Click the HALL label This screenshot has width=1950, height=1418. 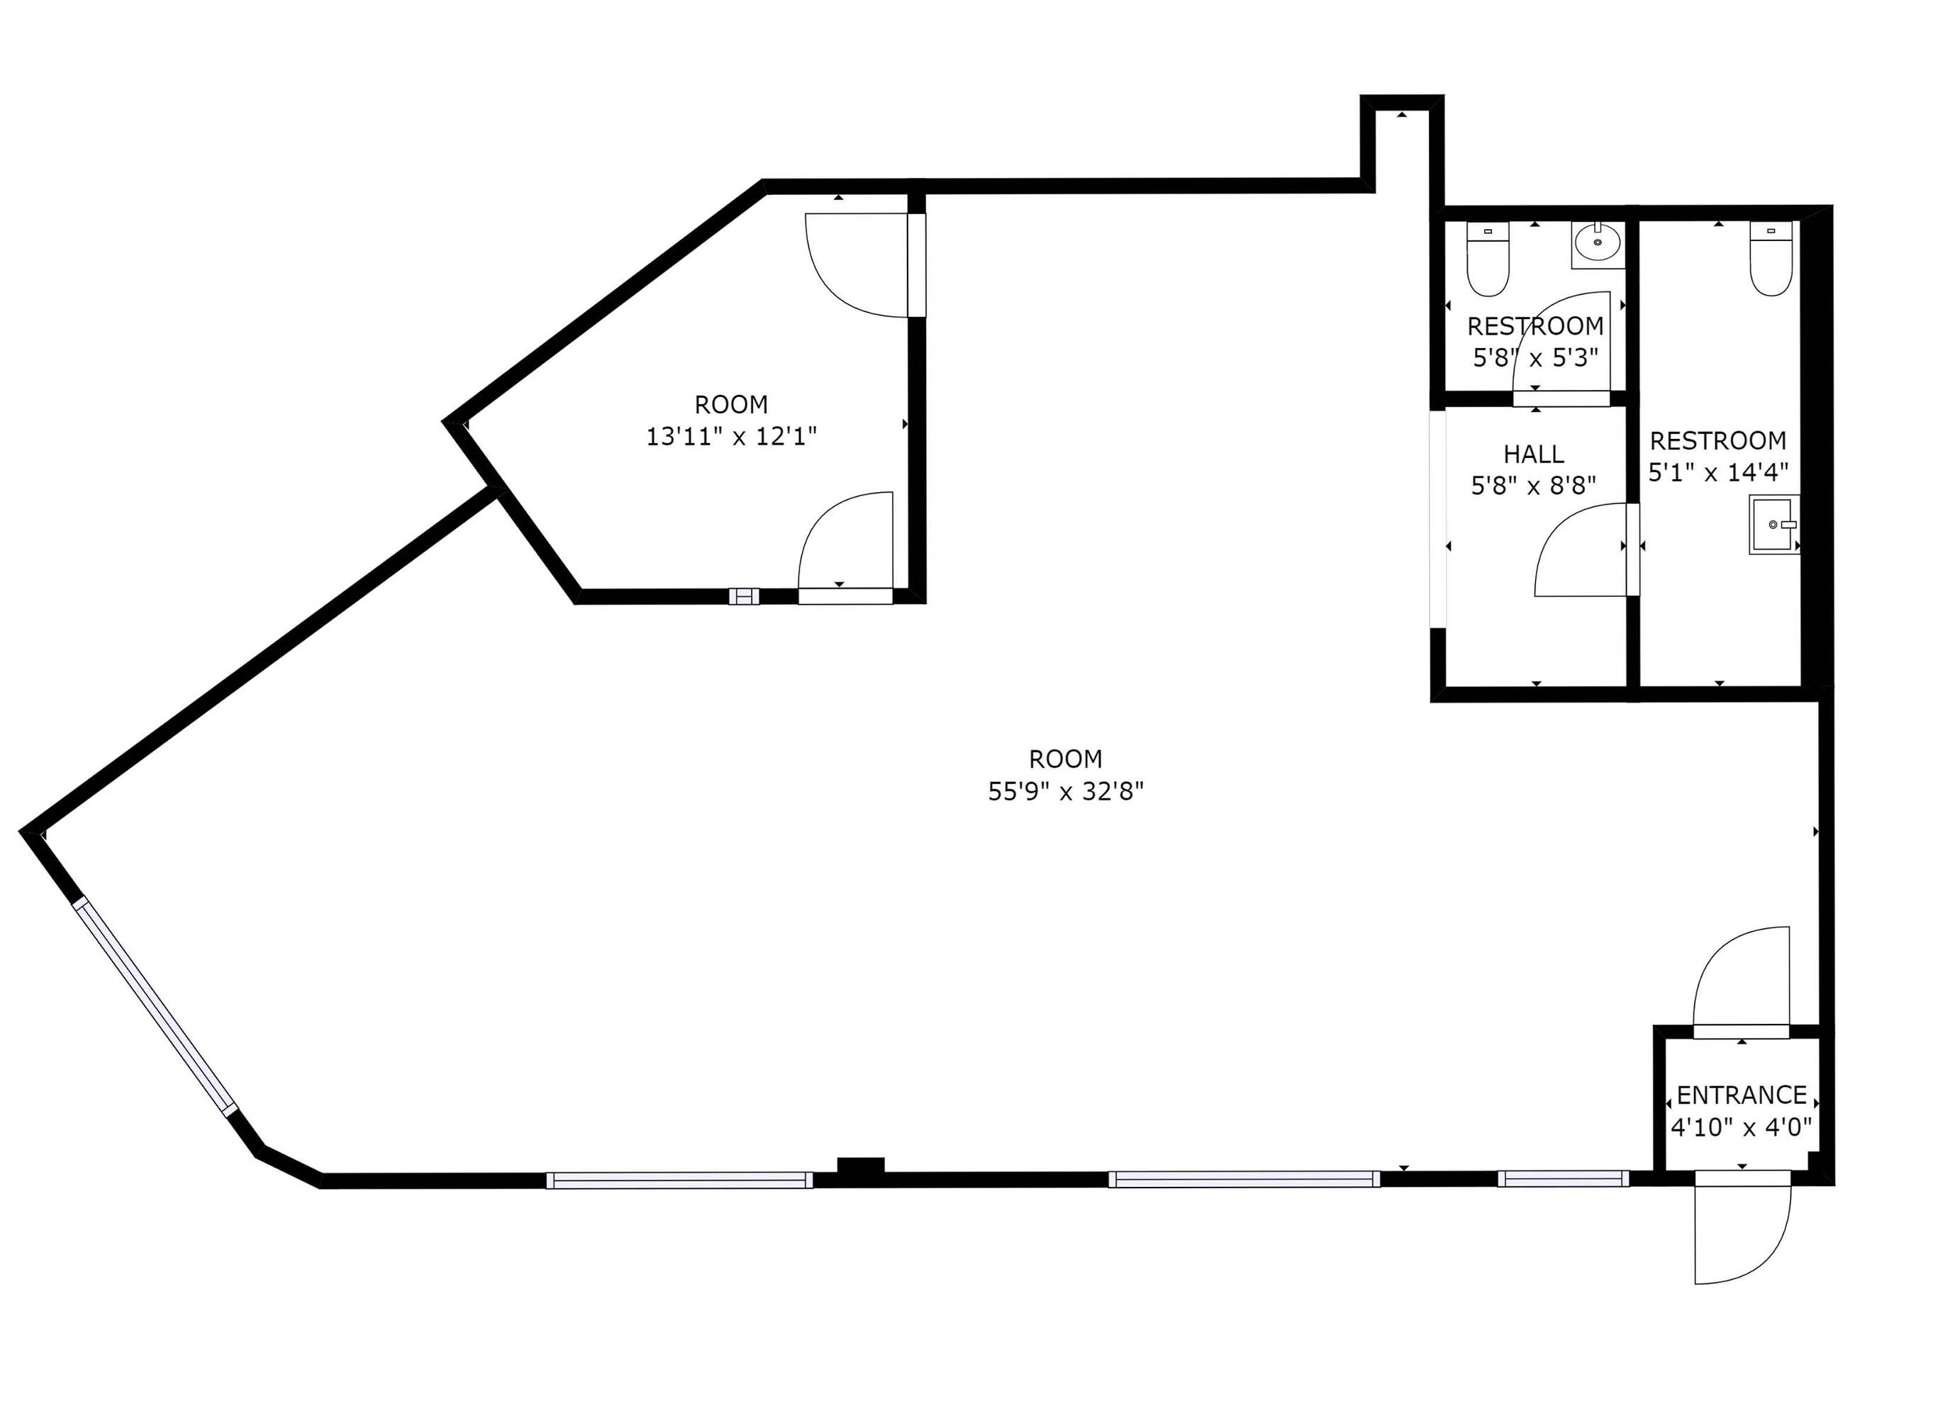click(x=1533, y=454)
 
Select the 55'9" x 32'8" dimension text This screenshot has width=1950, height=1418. click(x=1065, y=791)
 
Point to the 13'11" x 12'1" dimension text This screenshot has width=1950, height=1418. click(x=731, y=437)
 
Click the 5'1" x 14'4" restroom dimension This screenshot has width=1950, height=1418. click(x=1718, y=472)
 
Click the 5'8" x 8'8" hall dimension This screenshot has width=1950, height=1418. click(x=1533, y=486)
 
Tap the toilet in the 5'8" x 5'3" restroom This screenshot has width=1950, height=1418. click(x=1488, y=259)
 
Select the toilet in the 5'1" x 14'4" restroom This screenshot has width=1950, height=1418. click(x=1771, y=259)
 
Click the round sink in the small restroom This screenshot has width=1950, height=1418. click(x=1598, y=244)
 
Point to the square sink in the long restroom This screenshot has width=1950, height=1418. click(x=1773, y=525)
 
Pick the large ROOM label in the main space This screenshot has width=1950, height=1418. click(x=1065, y=759)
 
